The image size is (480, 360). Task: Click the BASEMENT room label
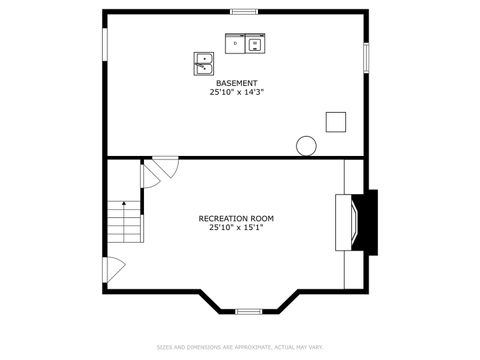click(236, 83)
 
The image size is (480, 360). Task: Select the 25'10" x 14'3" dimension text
click(236, 92)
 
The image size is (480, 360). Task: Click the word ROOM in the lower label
click(262, 218)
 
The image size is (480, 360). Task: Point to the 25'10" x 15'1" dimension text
click(236, 227)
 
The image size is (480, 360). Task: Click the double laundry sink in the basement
click(204, 63)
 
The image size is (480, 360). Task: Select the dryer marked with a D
click(235, 44)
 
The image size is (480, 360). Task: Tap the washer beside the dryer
click(255, 44)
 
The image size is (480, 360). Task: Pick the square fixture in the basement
click(335, 121)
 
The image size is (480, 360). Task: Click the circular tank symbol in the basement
click(306, 145)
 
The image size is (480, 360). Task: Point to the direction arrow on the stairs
click(126, 205)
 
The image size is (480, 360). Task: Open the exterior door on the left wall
click(112, 268)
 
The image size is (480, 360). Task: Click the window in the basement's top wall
click(244, 12)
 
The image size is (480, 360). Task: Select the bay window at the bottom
click(249, 311)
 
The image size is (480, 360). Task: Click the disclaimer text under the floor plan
click(239, 347)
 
